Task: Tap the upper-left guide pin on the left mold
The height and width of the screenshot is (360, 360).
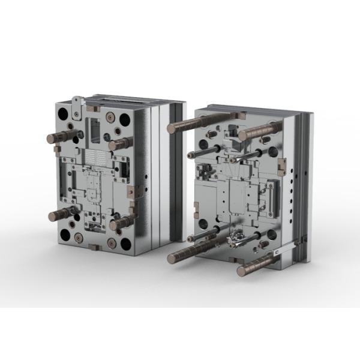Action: (x=59, y=137)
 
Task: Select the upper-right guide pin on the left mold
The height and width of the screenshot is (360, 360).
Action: (x=120, y=143)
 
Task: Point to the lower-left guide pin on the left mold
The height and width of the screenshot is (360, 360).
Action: (x=60, y=214)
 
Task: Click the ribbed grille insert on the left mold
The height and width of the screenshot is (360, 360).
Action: (x=93, y=158)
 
